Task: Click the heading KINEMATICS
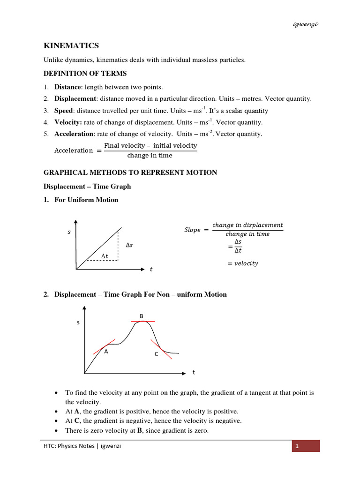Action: [71, 45]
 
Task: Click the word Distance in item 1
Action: [68, 87]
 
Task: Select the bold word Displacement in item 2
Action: [75, 98]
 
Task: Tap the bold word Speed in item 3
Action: [64, 111]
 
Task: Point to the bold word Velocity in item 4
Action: [68, 122]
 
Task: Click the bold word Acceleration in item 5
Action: [74, 134]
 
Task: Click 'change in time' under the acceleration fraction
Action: [150, 156]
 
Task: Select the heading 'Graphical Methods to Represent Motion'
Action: [130, 172]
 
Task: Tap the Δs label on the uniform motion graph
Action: [129, 245]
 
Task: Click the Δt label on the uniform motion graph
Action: [105, 255]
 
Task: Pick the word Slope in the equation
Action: [192, 230]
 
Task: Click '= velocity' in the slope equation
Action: [242, 263]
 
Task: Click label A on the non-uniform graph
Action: [106, 352]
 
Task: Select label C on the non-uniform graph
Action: [156, 355]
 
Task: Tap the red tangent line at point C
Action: [160, 348]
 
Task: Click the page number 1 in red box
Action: [297, 446]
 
